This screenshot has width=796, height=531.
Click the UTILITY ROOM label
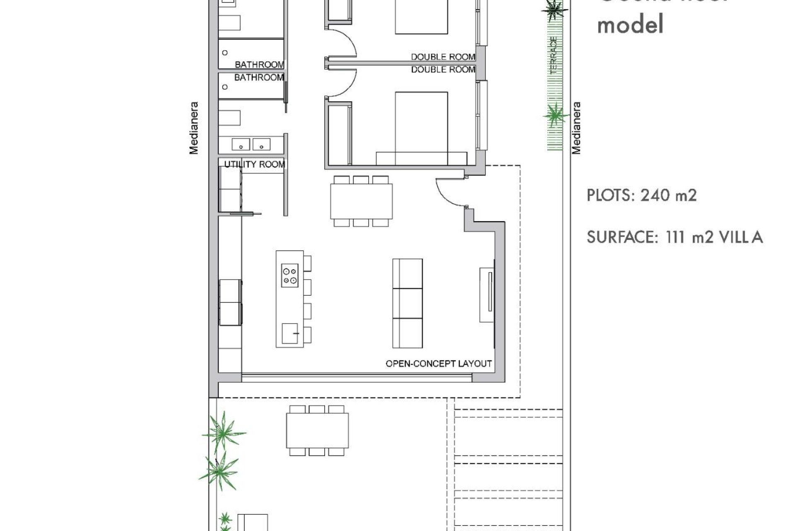pyautogui.click(x=254, y=164)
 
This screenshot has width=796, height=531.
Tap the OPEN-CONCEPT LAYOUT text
pyautogui.click(x=438, y=364)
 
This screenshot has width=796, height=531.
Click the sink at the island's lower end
pyautogui.click(x=290, y=334)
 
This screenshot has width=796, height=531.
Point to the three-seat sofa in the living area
pyautogui.click(x=407, y=303)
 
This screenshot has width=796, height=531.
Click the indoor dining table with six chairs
pyautogui.click(x=361, y=201)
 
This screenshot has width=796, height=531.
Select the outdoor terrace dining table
pyautogui.click(x=317, y=431)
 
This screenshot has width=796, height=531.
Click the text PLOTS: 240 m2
pyautogui.click(x=641, y=195)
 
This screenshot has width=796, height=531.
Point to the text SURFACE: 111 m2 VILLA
pyautogui.click(x=675, y=237)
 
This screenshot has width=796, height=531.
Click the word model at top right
pyautogui.click(x=630, y=24)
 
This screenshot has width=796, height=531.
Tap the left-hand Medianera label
pyautogui.click(x=194, y=128)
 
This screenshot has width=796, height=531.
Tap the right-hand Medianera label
pyautogui.click(x=576, y=128)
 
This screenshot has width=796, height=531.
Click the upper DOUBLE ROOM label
pyautogui.click(x=442, y=57)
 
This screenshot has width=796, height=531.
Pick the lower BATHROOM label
pyautogui.click(x=259, y=78)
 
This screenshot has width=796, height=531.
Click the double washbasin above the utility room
pyautogui.click(x=251, y=144)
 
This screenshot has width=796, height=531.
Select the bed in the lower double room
pyautogui.click(x=421, y=129)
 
